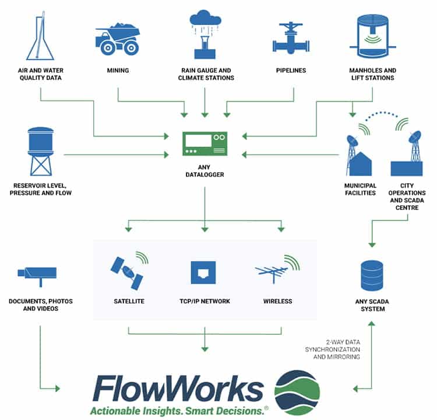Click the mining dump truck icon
(x=118, y=38)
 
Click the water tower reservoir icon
(x=41, y=151)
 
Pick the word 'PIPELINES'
(x=292, y=71)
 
